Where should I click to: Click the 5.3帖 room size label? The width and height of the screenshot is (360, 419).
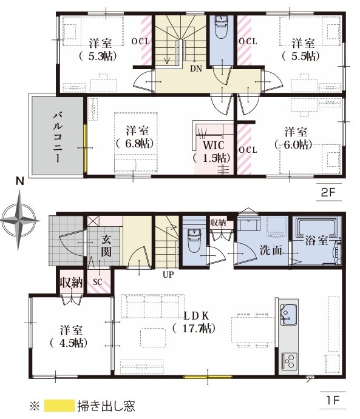tap(98, 56)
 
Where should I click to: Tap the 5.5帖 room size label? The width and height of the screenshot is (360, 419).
tap(301, 56)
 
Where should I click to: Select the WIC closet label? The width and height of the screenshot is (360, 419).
tap(213, 146)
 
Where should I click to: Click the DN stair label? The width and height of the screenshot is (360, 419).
tap(196, 69)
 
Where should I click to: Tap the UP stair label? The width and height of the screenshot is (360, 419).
tap(168, 275)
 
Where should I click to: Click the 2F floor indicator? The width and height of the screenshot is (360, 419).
tap(328, 192)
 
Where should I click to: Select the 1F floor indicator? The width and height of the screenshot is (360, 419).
tap(333, 400)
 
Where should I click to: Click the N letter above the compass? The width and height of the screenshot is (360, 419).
tap(20, 181)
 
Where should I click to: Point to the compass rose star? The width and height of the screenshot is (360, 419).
tap(19, 221)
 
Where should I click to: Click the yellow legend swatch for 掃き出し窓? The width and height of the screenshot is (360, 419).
tap(59, 406)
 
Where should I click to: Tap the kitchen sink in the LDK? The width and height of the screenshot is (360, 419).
tap(288, 315)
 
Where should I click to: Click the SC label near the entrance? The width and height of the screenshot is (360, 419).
tap(98, 282)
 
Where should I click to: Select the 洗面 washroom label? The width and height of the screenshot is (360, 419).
tap(271, 250)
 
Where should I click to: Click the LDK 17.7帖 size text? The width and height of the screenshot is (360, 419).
tap(194, 328)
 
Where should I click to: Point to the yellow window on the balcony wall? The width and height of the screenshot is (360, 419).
tap(85, 148)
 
